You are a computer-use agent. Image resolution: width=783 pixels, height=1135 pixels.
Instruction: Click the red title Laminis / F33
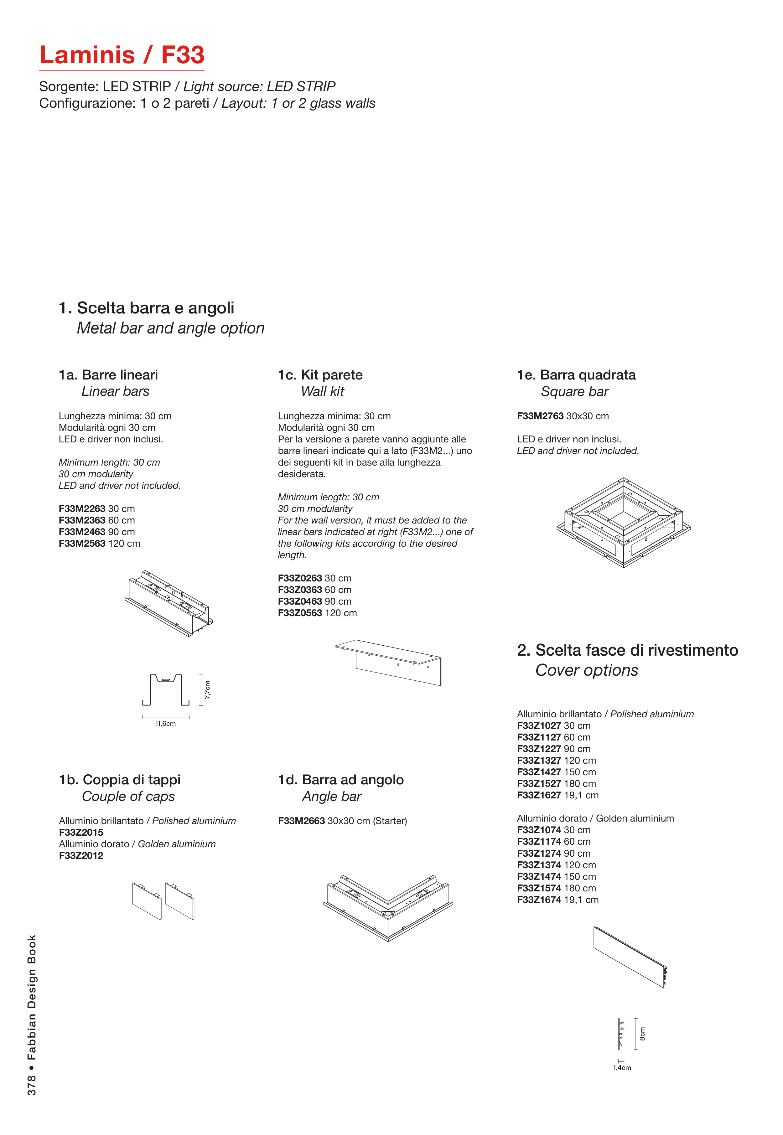[122, 55]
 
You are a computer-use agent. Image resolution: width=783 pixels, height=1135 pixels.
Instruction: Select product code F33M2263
[82, 509]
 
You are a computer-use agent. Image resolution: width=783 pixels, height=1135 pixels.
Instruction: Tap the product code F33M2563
[82, 544]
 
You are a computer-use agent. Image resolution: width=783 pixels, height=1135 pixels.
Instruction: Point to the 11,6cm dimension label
[165, 724]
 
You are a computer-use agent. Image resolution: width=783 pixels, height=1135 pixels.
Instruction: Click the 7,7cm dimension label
[208, 690]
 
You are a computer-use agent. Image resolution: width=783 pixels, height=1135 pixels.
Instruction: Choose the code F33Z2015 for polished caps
[81, 832]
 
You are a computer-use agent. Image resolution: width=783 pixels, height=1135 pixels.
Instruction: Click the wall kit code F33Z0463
[300, 601]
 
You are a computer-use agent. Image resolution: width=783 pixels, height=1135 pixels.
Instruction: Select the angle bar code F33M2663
[301, 821]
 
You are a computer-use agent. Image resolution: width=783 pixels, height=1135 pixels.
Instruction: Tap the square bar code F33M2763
[540, 416]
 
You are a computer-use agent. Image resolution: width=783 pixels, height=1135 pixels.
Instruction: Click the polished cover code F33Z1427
[539, 772]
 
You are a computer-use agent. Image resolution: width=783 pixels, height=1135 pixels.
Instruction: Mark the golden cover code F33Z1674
[539, 900]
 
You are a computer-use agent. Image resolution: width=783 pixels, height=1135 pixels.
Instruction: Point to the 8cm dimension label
[642, 1034]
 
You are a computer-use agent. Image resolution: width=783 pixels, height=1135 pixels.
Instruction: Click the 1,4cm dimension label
[622, 1068]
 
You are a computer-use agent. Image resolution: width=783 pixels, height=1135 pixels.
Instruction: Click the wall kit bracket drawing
[389, 662]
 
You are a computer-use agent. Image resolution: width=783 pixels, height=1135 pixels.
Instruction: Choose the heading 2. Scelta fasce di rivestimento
[627, 650]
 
